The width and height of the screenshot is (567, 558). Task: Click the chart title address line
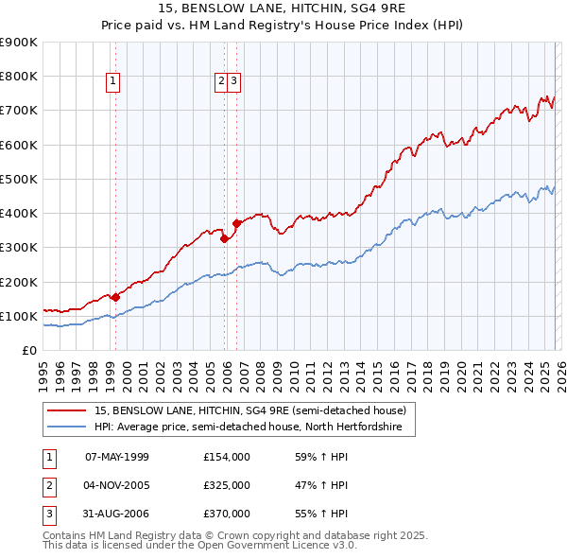pyautogui.click(x=283, y=9)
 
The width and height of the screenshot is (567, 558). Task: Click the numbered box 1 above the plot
pyautogui.click(x=113, y=82)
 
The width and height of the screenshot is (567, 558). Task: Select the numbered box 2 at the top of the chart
pyautogui.click(x=221, y=82)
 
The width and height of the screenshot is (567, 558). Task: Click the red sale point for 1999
pyautogui.click(x=115, y=297)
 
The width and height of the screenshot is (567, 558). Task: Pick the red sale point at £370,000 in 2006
pyautogui.click(x=237, y=223)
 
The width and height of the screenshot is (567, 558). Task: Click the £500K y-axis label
pyautogui.click(x=19, y=179)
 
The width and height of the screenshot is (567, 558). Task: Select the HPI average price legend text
pyautogui.click(x=248, y=427)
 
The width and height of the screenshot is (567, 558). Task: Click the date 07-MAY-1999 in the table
pyautogui.click(x=117, y=457)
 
